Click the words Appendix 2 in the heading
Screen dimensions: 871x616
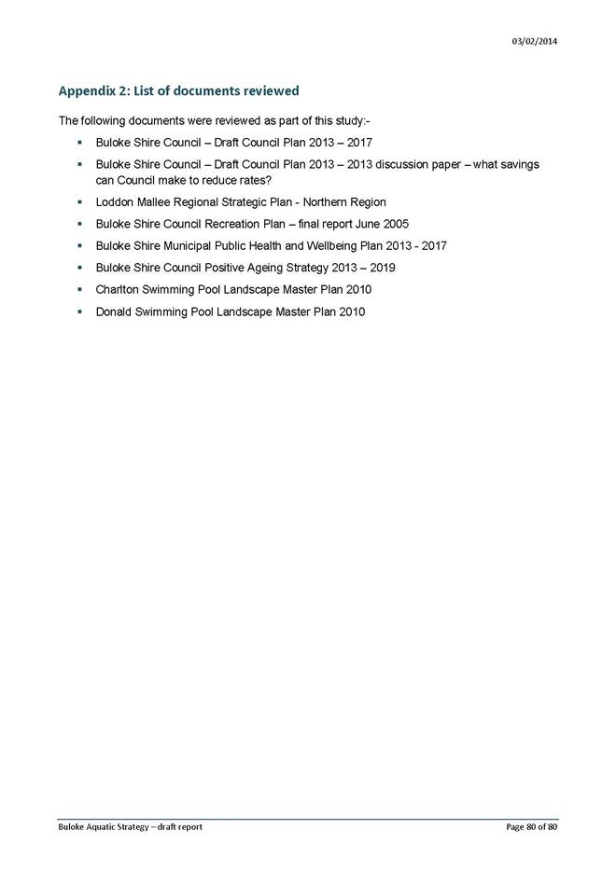(x=93, y=91)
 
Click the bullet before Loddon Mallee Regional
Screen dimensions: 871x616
(x=81, y=201)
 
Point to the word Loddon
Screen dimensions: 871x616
(x=115, y=201)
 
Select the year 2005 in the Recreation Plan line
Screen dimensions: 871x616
(x=394, y=224)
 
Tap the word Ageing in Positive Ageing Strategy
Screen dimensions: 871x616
(x=264, y=268)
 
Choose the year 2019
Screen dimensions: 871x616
(x=381, y=268)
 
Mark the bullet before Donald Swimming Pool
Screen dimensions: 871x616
(x=81, y=311)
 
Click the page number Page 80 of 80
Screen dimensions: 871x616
(x=532, y=827)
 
